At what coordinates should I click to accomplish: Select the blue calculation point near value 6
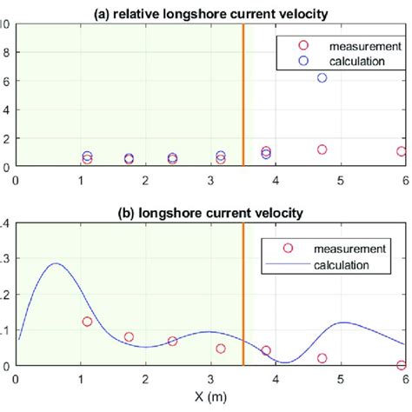click(x=322, y=78)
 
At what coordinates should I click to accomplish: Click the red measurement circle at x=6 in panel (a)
click(x=402, y=151)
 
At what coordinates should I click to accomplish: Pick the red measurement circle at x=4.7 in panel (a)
click(x=322, y=150)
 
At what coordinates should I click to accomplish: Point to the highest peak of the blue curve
click(x=56, y=263)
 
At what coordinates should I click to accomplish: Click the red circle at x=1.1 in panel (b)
click(x=87, y=322)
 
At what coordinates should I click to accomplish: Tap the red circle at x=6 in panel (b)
click(x=402, y=365)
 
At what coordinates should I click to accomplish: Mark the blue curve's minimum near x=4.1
click(x=282, y=362)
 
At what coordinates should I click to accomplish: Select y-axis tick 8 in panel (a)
click(x=7, y=53)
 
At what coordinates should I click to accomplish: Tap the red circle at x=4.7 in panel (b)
click(x=322, y=358)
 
